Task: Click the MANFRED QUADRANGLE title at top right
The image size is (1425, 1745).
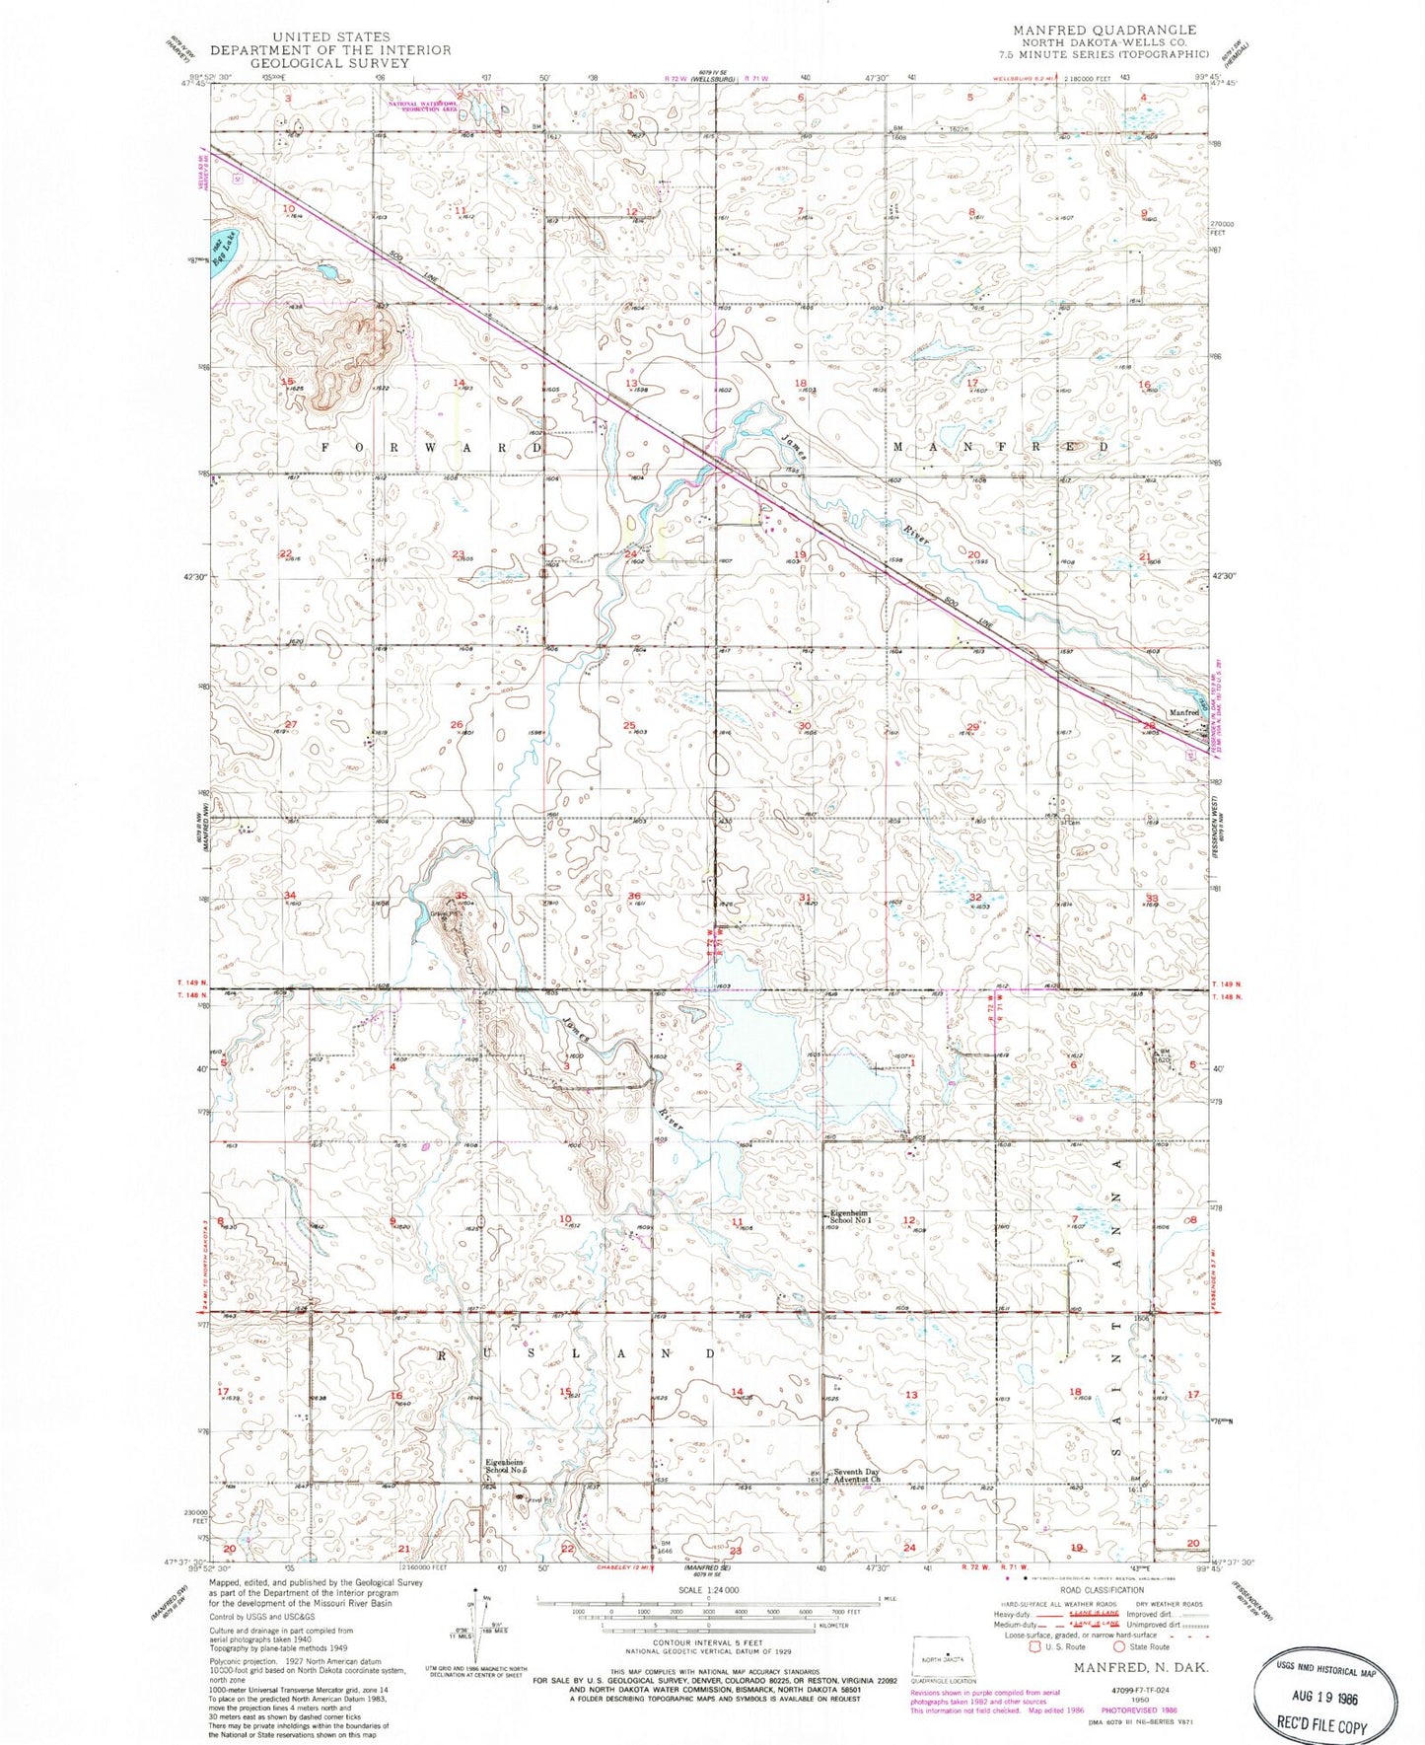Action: [1105, 31]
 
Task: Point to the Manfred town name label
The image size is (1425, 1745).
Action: [1183, 713]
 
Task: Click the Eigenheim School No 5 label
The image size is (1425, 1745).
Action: [507, 1467]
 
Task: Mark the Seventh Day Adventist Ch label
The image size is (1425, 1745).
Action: [856, 1477]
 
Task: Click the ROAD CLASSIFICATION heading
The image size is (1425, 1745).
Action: [1102, 1590]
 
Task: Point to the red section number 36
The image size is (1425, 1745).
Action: [634, 896]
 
